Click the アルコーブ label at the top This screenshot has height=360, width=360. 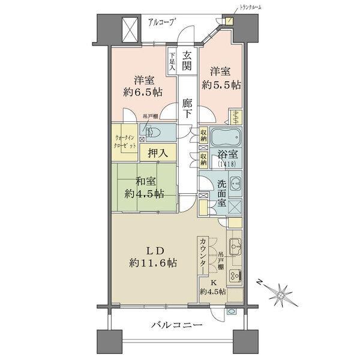click(161, 22)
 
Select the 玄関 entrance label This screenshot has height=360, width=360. click(187, 61)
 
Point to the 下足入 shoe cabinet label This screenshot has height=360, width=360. click(172, 61)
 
